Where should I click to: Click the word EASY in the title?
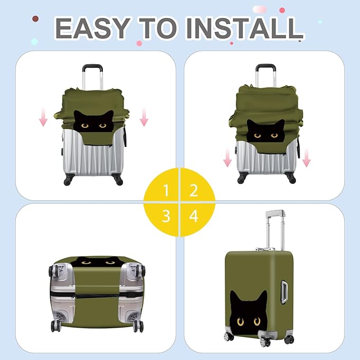92,28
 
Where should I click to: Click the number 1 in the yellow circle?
166,190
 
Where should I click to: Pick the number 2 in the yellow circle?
194,190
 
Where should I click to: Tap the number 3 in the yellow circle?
166,216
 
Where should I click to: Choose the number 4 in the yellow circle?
194,216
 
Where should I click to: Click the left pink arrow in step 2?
227,157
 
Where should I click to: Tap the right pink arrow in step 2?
306,157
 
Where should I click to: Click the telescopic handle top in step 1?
92,67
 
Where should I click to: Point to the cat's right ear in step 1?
110,115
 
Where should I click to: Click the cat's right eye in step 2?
274,136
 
